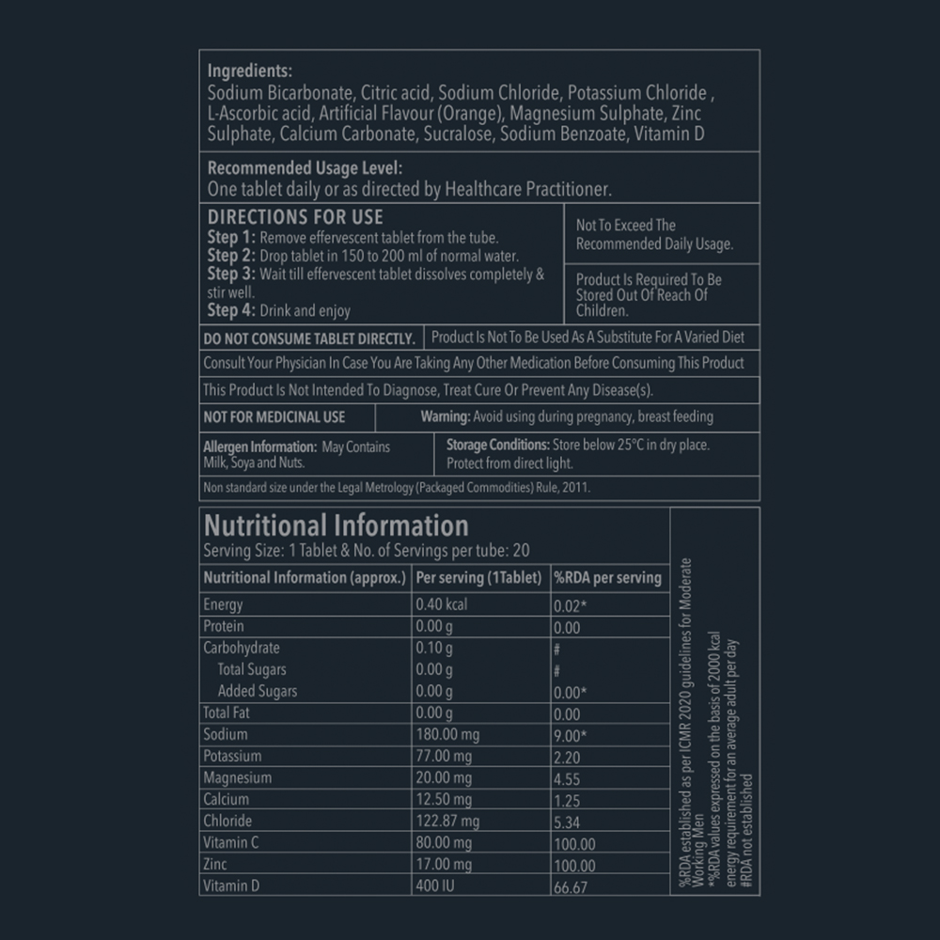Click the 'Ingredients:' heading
click(x=249, y=71)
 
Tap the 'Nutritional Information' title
click(x=336, y=525)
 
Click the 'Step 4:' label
click(x=230, y=310)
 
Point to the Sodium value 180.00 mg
click(x=447, y=735)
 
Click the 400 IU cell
click(x=435, y=885)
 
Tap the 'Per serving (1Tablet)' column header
click(x=478, y=577)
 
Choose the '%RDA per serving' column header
click(x=607, y=577)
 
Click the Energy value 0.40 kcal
click(x=441, y=604)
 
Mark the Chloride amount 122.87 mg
click(x=447, y=822)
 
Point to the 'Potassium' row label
click(x=232, y=757)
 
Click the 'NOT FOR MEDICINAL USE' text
click(x=274, y=416)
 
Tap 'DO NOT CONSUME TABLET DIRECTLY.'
click(x=309, y=338)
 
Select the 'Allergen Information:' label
click(x=259, y=447)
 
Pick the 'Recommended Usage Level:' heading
click(x=305, y=168)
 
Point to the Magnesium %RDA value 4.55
click(x=567, y=779)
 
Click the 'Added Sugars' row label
click(x=257, y=691)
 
